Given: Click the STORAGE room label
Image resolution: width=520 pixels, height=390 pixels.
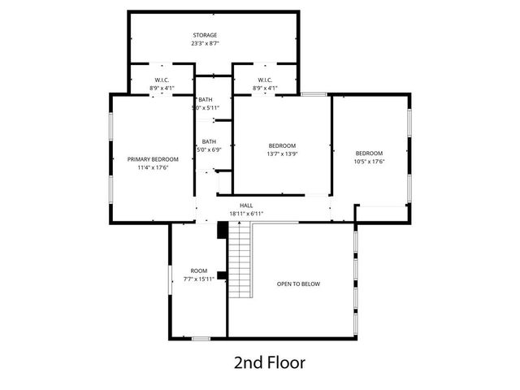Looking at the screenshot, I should click(x=205, y=35).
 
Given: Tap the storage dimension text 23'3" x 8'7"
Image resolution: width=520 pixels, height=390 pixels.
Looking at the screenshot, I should click(x=205, y=44).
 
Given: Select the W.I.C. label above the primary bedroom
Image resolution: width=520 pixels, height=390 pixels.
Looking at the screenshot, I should click(x=161, y=80).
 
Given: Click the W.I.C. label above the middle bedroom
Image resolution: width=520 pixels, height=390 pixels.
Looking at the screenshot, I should click(x=265, y=80).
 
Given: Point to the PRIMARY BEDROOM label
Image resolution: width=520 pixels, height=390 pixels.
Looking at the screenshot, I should click(x=153, y=159).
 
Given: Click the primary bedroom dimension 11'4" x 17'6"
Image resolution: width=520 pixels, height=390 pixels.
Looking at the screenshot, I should click(x=153, y=168).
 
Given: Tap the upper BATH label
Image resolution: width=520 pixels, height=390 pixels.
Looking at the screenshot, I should click(x=206, y=99).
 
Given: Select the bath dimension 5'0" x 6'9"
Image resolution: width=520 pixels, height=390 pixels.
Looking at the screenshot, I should click(x=209, y=150).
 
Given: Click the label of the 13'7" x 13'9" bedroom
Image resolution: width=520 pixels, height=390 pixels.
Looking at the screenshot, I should click(x=283, y=145).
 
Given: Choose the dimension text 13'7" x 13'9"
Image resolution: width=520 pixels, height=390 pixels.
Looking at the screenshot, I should click(x=283, y=154).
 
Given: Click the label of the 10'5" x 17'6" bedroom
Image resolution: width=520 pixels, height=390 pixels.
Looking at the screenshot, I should click(x=369, y=153).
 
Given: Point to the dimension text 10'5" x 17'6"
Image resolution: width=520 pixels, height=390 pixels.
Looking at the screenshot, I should click(x=369, y=162).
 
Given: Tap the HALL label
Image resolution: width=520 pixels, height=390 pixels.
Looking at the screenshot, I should click(x=246, y=206).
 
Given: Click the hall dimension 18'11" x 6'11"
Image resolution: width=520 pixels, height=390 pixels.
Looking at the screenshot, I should click(x=246, y=214).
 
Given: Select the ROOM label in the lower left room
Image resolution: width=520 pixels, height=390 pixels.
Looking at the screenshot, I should click(x=198, y=271).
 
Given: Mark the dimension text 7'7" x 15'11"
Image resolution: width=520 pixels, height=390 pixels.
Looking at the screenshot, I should click(x=198, y=279).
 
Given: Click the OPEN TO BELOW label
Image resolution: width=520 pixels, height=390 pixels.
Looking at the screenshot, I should click(x=299, y=284).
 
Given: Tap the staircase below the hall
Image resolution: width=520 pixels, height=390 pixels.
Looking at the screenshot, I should click(x=240, y=261).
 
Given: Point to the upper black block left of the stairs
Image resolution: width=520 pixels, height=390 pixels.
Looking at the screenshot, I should click(x=221, y=230).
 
